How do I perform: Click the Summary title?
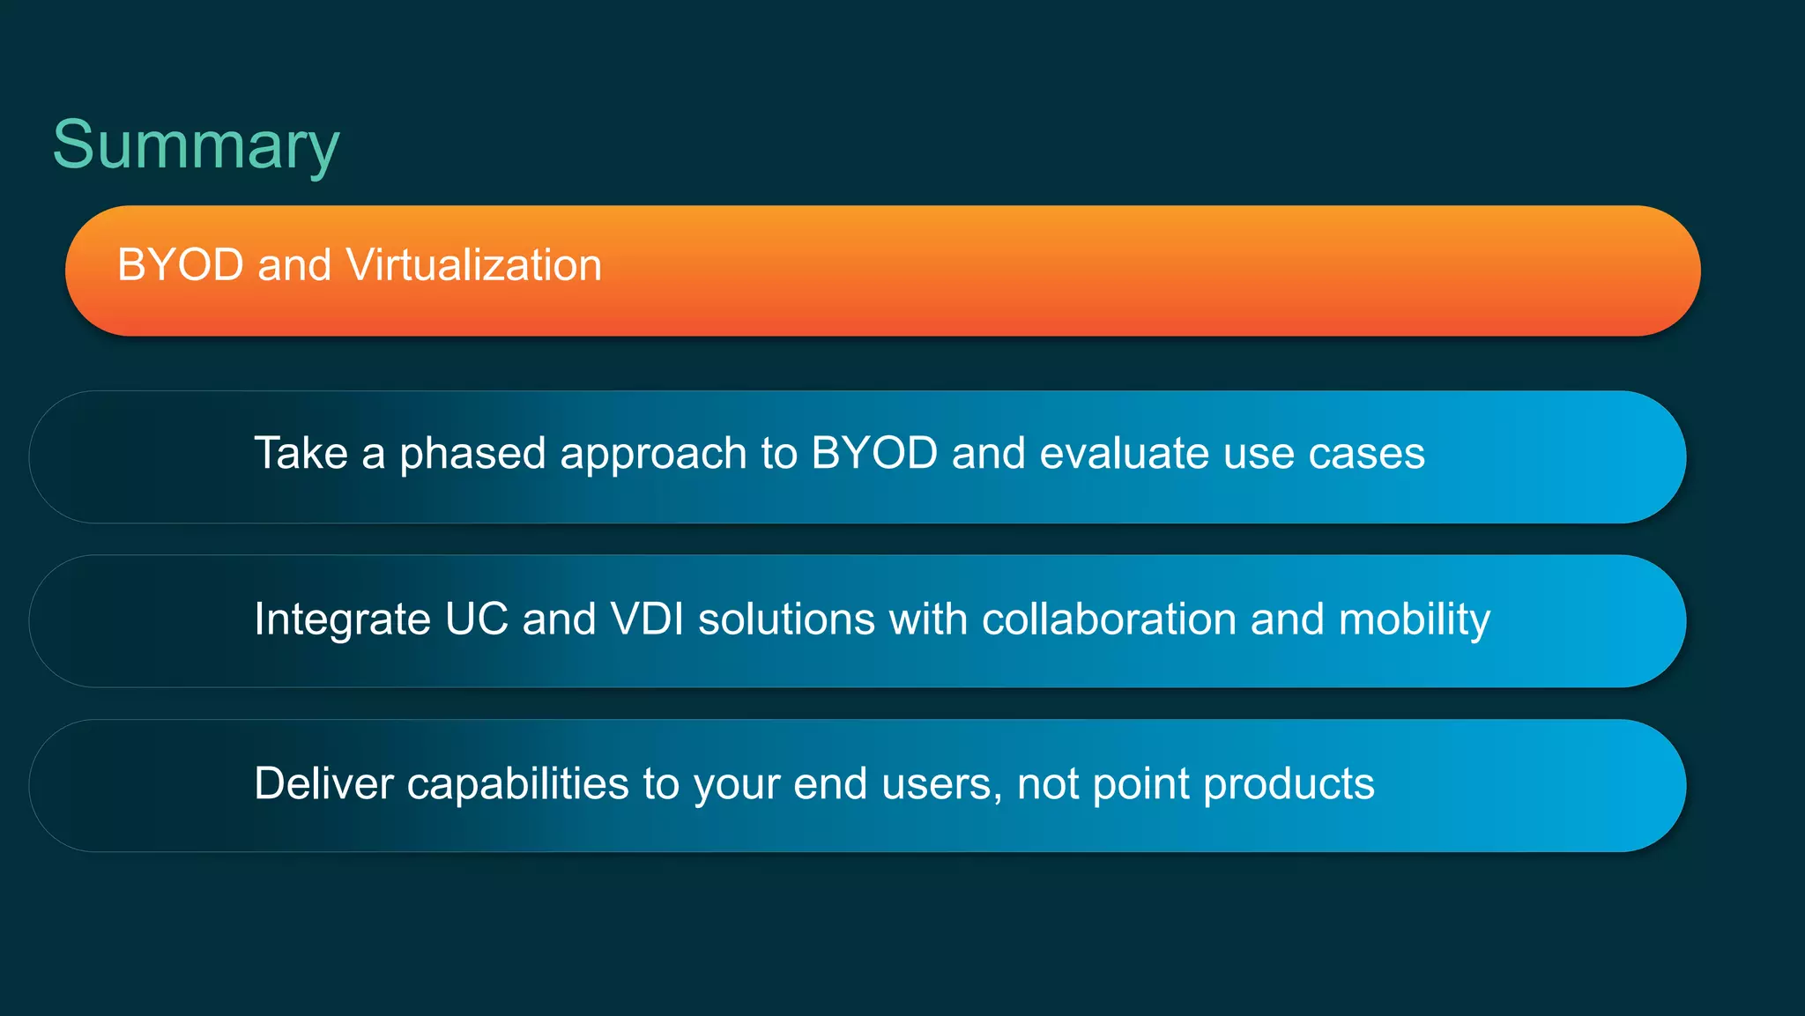(x=196, y=145)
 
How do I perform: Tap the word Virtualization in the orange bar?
(x=473, y=265)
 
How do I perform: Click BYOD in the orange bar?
(x=181, y=265)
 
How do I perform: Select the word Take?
(x=301, y=454)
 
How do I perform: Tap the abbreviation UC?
(x=477, y=619)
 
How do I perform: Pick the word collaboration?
(x=1109, y=619)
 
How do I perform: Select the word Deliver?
(x=323, y=783)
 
